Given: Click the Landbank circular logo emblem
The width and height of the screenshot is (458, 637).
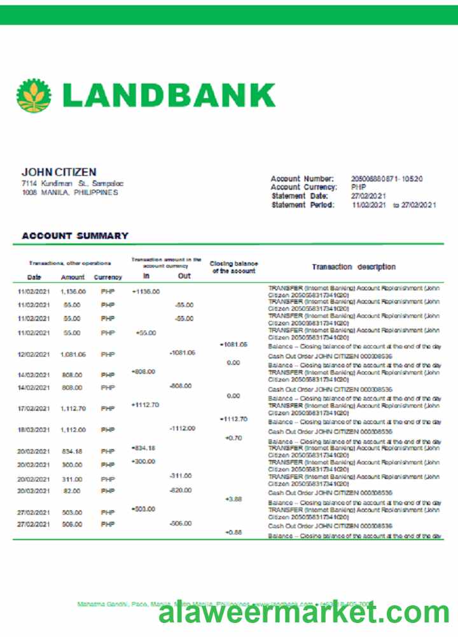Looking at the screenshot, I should click(34, 95).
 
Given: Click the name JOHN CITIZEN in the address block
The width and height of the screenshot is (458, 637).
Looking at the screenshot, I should click(59, 172).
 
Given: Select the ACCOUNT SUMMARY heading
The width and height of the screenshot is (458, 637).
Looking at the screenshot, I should click(75, 236).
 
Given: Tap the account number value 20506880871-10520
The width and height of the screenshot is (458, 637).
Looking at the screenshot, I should click(387, 179).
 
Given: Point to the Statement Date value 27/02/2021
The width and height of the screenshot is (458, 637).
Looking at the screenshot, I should click(368, 196).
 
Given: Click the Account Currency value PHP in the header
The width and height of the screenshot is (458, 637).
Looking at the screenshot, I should click(358, 187).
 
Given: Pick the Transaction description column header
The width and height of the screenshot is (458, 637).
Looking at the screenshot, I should click(354, 267).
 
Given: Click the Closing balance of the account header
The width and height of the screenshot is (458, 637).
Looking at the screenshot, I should click(233, 267).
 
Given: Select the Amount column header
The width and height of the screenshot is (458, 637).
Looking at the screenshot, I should click(73, 277).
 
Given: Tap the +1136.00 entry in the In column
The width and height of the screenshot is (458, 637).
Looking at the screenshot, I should click(146, 291).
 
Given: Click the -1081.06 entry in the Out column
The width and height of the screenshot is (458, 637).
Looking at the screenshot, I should click(182, 352).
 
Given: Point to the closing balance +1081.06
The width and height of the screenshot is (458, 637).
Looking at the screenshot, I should click(233, 344).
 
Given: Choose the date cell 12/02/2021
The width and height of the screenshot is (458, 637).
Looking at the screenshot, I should click(34, 354).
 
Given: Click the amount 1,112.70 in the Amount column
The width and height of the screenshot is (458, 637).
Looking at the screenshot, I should click(73, 408).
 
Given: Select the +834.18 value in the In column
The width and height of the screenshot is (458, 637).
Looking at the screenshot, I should click(143, 448).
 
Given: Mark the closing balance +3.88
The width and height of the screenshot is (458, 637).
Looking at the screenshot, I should click(233, 499).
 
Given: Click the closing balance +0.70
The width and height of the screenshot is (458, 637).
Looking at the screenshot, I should click(233, 438).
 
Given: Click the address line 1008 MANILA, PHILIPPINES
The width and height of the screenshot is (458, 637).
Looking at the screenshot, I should click(70, 192).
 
